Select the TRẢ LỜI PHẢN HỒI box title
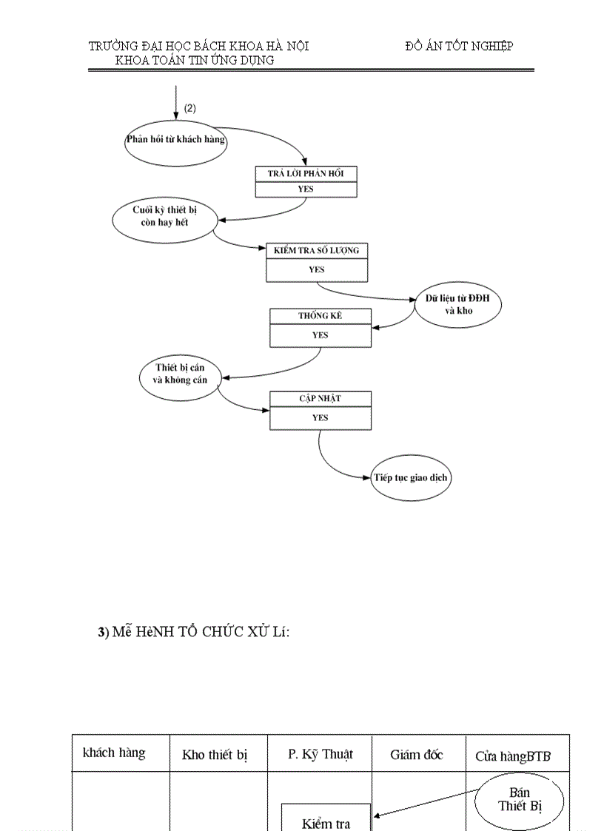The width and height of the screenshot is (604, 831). (306, 173)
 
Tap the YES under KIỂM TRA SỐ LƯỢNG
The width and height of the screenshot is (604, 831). (316, 269)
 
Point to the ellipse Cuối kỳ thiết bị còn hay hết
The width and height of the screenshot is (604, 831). (164, 216)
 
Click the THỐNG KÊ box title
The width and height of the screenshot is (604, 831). (320, 316)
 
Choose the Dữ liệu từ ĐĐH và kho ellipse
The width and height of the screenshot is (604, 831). (458, 304)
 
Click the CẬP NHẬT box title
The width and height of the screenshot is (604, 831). (320, 399)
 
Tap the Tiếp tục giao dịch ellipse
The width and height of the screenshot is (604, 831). (411, 477)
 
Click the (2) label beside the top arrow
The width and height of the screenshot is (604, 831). (190, 108)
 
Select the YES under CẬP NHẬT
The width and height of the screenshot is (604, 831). (320, 417)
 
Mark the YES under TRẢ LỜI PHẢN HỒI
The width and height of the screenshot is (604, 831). (306, 189)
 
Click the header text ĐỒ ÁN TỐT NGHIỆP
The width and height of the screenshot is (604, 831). (459, 46)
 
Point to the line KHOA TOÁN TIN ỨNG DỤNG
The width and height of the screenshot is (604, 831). (195, 61)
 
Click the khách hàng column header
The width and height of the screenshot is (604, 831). (114, 753)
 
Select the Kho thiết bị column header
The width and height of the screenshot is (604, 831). (215, 756)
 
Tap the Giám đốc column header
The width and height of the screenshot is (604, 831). (417, 755)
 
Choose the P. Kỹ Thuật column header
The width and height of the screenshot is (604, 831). (321, 754)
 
